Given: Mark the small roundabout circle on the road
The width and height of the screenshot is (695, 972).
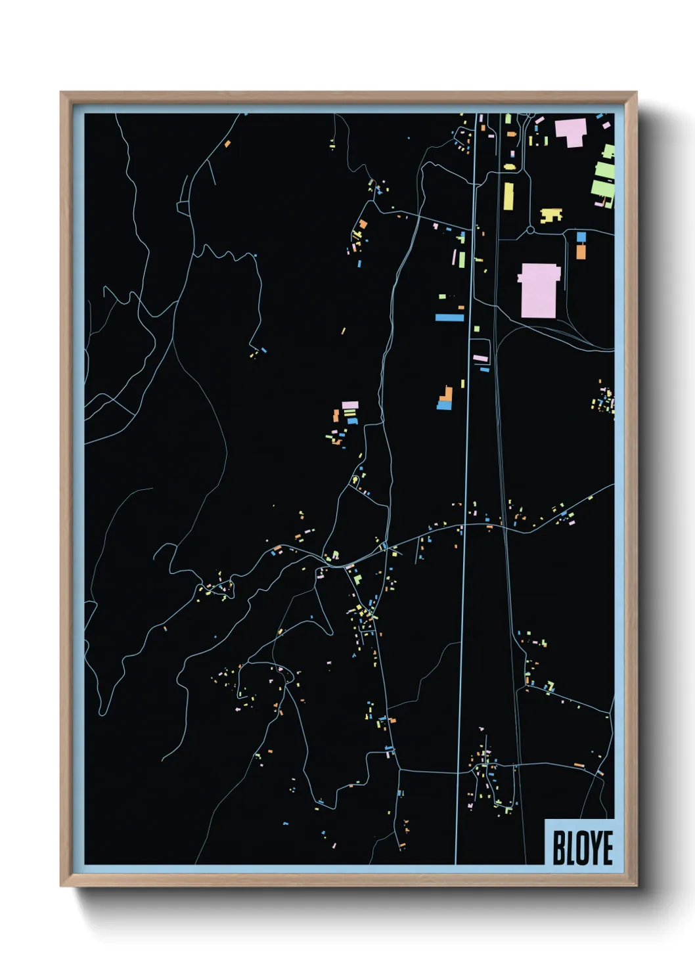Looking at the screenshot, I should tap(530, 231).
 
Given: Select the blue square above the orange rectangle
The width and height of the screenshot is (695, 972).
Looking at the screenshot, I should tap(581, 236).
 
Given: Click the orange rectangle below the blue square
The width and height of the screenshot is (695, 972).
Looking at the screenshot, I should tap(581, 251).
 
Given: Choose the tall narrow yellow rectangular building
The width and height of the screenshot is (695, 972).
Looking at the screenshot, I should tap(508, 196).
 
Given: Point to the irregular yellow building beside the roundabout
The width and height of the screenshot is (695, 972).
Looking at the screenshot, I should tap(550, 215).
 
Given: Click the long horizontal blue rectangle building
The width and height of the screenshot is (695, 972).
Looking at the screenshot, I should tap(449, 318).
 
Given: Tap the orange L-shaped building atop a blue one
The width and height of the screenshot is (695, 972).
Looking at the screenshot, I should tap(447, 395).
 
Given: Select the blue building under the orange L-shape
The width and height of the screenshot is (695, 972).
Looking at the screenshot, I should tap(445, 406).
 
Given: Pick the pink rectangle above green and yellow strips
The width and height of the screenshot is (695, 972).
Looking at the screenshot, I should tap(350, 405).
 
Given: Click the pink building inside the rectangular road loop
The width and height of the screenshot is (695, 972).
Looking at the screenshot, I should tap(481, 358).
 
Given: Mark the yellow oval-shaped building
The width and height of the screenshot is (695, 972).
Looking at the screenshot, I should tap(509, 167).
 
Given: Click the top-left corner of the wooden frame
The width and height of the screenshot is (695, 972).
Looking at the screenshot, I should tap(62, 93).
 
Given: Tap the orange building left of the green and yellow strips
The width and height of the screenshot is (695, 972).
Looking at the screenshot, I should tap(336, 416).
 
